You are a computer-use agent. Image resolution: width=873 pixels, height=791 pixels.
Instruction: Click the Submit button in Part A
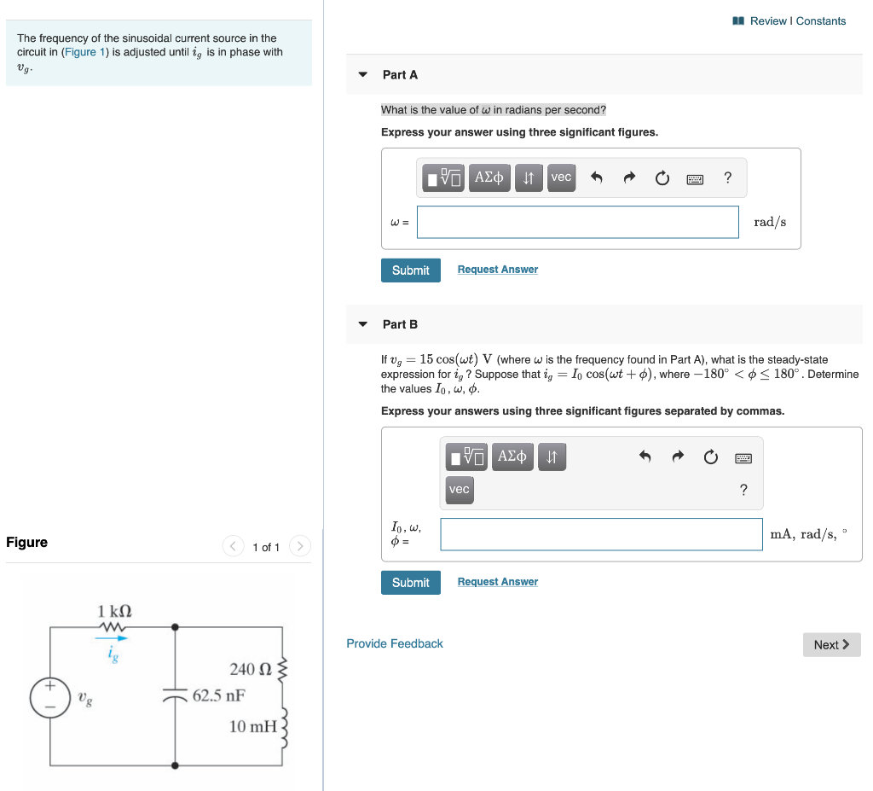coord(410,270)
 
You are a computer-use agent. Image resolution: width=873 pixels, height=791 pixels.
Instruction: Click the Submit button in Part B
coord(410,582)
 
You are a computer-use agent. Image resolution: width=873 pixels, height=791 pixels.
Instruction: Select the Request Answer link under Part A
coord(497,270)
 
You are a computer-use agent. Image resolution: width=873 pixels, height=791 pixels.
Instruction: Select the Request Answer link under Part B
coord(497,582)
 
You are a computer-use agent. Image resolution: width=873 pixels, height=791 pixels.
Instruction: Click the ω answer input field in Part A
coord(577,222)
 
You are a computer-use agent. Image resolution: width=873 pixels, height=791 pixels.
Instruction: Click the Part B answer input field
coord(601,534)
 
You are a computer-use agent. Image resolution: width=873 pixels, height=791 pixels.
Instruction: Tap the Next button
coord(831,644)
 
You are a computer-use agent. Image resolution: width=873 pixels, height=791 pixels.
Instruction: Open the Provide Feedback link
coord(394,643)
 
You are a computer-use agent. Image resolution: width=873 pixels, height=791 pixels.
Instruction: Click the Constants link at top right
coord(821,20)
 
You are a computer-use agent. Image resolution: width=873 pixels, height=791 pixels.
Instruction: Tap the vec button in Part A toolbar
coord(561,177)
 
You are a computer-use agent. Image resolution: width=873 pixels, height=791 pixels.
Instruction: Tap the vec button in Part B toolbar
coord(459,490)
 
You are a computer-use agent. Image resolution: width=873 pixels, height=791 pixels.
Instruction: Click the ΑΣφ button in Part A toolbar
coord(489,177)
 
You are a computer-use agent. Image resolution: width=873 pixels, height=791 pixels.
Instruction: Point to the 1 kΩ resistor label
coord(114,611)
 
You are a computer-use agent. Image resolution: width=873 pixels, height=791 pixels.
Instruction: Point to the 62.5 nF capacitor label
coord(218,695)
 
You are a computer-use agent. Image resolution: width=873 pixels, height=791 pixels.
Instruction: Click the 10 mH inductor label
coord(252,726)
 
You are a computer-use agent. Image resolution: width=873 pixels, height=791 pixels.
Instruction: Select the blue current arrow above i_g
coord(111,637)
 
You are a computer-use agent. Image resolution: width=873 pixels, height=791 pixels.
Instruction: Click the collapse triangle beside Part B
coord(362,324)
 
